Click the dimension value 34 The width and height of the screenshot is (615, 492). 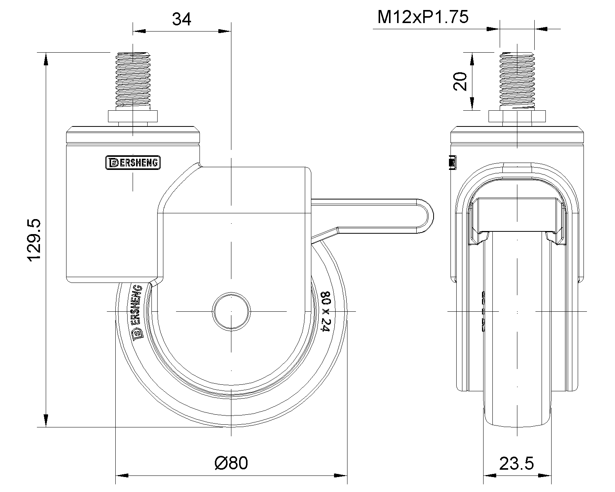(x=181, y=18)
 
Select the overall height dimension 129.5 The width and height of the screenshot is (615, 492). (x=35, y=241)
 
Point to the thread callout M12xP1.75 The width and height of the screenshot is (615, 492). (x=423, y=18)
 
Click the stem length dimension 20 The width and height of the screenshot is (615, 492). (x=460, y=81)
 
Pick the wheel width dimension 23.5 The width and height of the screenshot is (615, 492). (x=516, y=464)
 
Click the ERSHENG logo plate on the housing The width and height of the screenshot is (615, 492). (x=133, y=163)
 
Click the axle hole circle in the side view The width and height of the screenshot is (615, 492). (x=231, y=311)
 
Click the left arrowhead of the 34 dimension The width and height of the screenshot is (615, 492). (x=138, y=31)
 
